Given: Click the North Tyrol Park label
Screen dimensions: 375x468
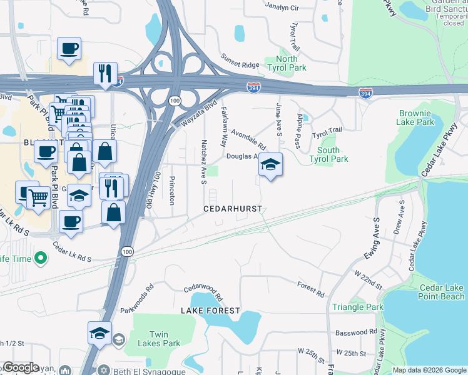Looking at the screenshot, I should tap(287, 63).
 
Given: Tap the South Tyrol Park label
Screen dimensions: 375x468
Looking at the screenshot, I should tap(328, 154).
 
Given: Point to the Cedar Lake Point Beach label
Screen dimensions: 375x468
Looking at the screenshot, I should tap(442, 292).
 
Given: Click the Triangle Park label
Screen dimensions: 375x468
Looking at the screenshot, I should tap(358, 307).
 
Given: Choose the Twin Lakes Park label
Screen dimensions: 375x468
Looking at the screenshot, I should tap(165, 339).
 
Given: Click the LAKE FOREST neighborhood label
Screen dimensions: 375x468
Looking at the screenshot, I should tap(210, 311).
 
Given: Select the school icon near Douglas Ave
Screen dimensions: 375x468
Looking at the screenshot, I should tap(270, 164).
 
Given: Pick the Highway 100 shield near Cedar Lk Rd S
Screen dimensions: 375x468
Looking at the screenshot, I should tap(128, 251).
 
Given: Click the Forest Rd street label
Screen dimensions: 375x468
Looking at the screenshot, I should tap(311, 289).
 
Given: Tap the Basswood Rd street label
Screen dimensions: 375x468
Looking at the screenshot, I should tap(356, 332).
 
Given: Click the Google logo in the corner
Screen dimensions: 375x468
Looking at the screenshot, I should tap(20, 368).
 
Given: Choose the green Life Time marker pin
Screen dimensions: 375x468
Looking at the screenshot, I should tap(41, 257).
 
